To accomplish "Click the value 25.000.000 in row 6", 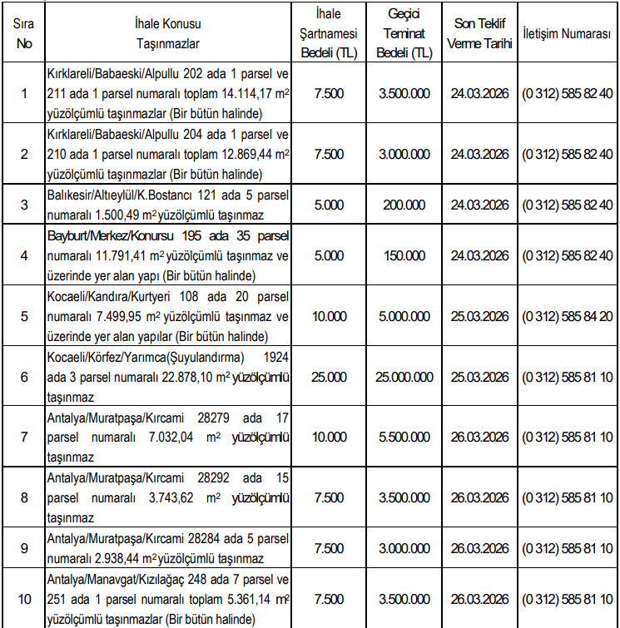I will click(x=405, y=376).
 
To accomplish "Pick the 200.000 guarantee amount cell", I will click(x=405, y=204).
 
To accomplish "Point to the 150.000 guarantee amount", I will click(x=405, y=255).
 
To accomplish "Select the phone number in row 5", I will click(x=568, y=316).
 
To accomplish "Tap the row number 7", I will click(x=24, y=436).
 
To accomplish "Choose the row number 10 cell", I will click(x=24, y=599).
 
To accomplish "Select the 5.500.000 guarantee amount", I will click(x=405, y=436).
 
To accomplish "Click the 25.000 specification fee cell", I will click(x=330, y=376).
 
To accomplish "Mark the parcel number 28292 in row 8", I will click(x=215, y=478).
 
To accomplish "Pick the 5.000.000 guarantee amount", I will click(x=405, y=316).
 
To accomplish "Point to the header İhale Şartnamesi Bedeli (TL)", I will click(x=330, y=33).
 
